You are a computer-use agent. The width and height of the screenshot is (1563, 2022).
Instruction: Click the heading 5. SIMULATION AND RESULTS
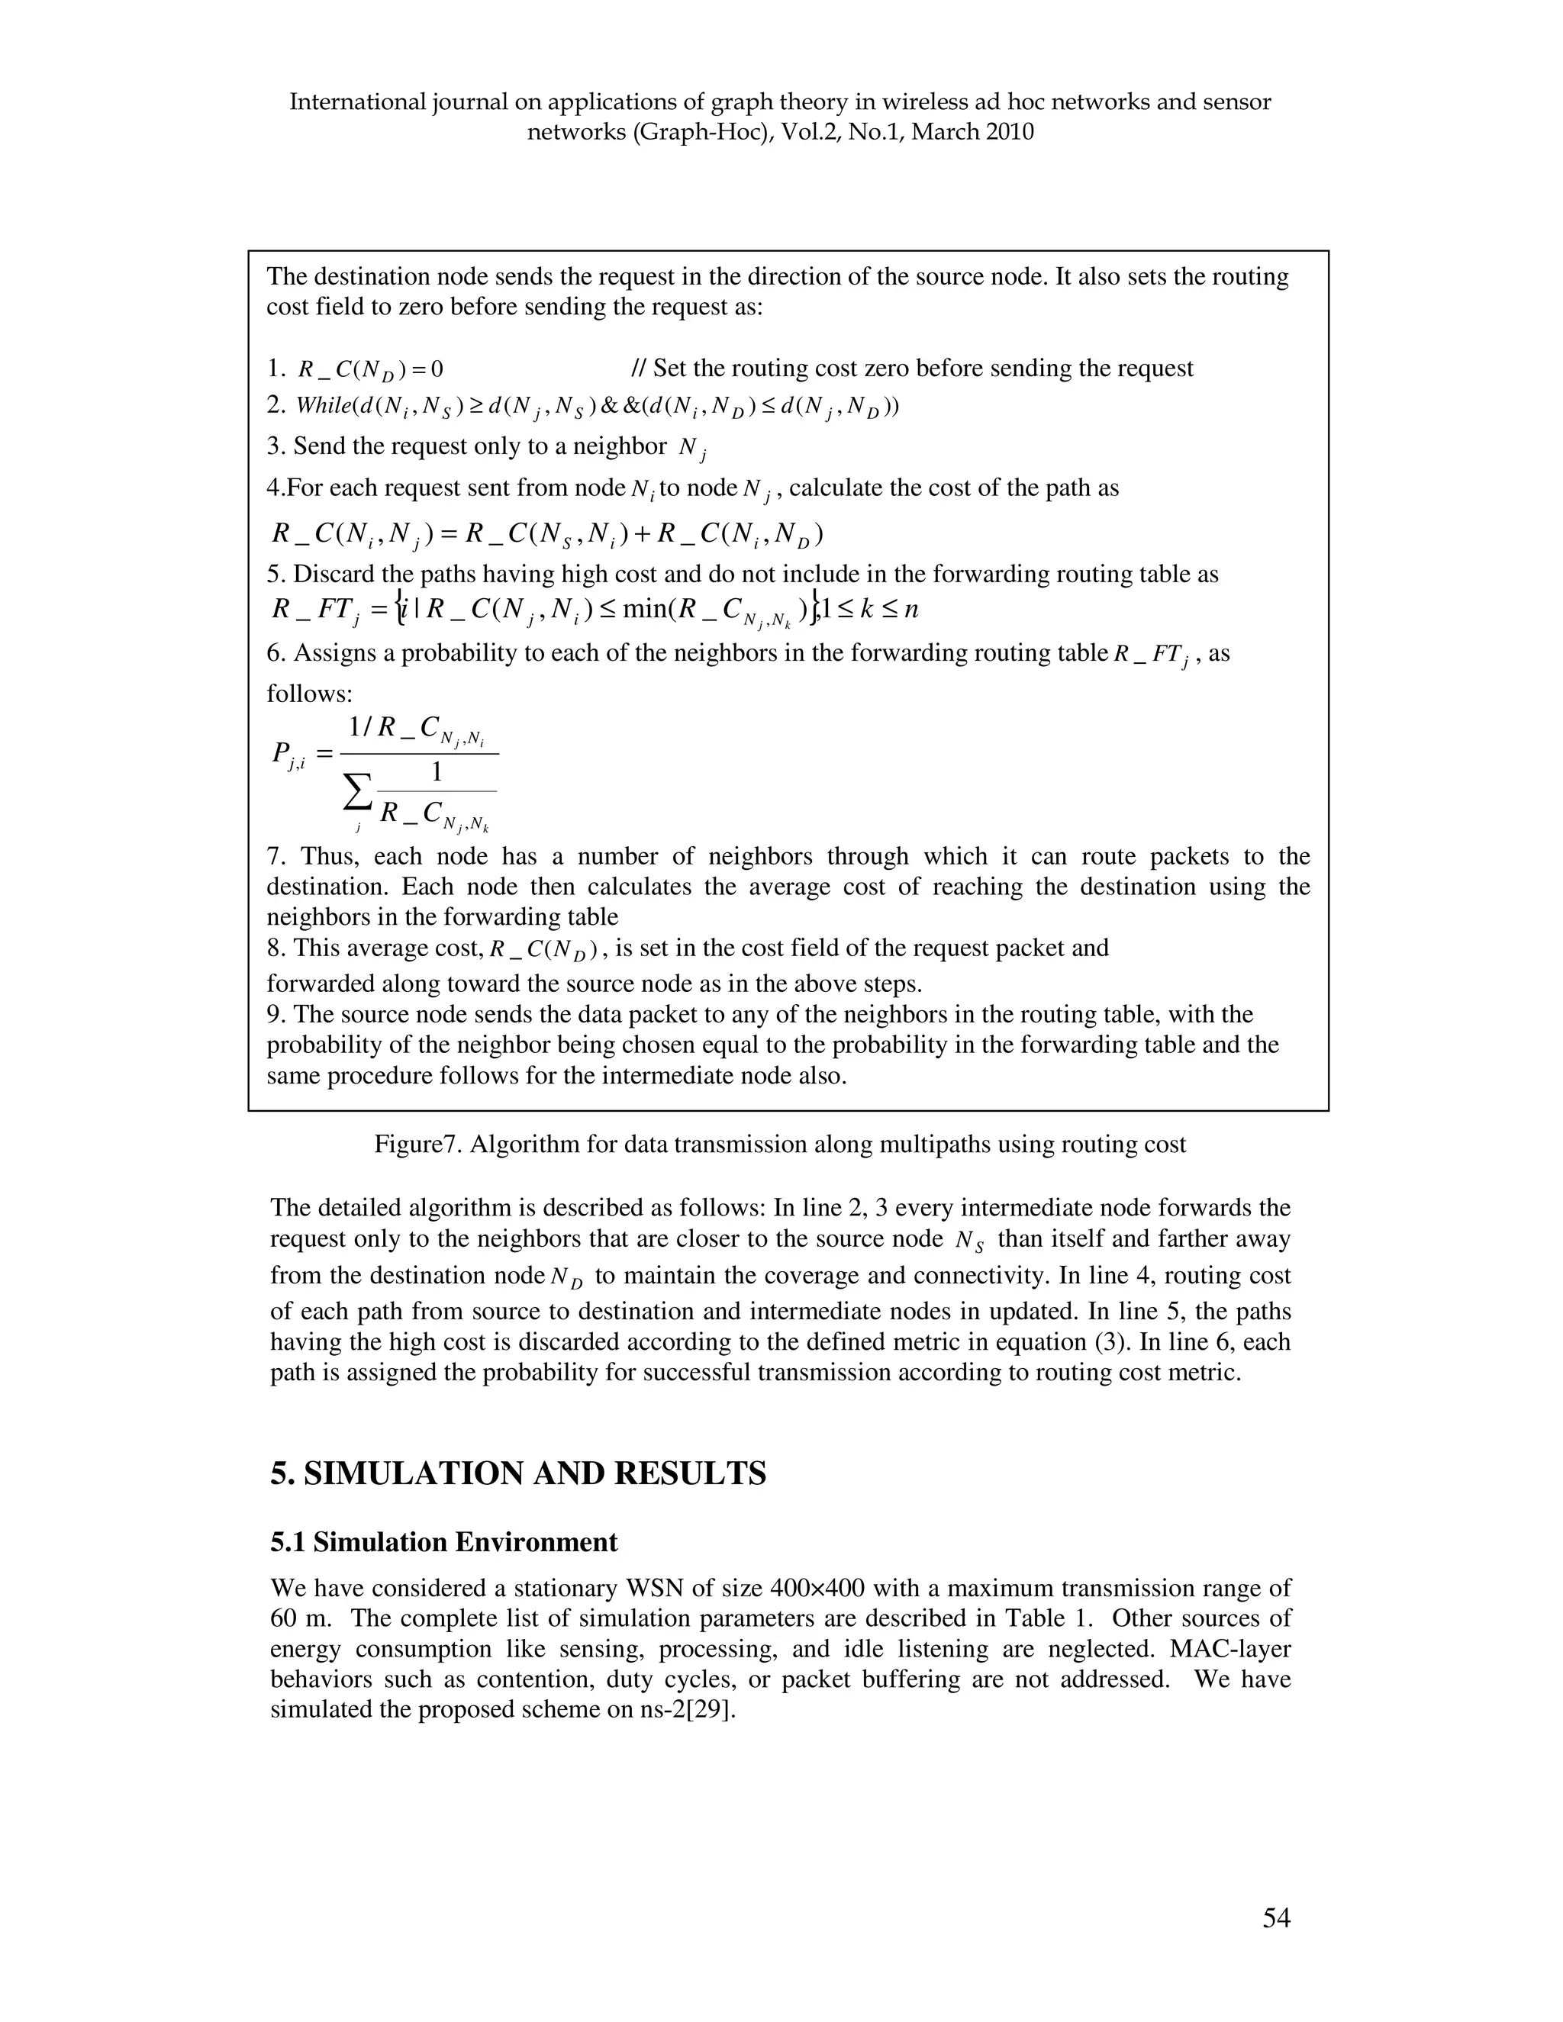coord(517,1473)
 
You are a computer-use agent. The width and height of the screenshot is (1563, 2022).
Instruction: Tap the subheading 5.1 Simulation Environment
coord(443,1542)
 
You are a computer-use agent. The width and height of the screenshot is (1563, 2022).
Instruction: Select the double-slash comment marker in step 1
coord(638,369)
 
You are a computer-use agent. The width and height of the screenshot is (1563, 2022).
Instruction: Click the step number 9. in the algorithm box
coord(277,1015)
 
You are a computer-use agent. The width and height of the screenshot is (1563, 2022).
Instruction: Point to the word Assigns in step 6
coord(330,654)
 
